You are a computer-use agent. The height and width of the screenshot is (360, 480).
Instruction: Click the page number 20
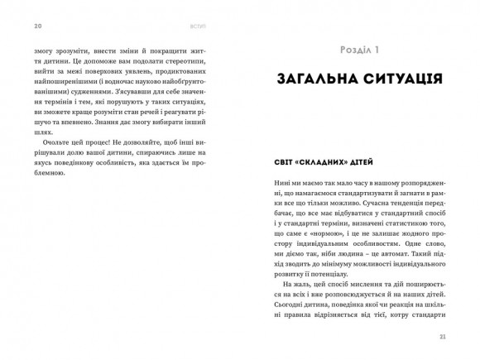[x=37, y=26]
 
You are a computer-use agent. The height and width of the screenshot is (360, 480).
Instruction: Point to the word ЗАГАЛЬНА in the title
[x=311, y=80]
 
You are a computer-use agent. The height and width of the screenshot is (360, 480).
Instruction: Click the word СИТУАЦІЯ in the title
[x=397, y=80]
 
